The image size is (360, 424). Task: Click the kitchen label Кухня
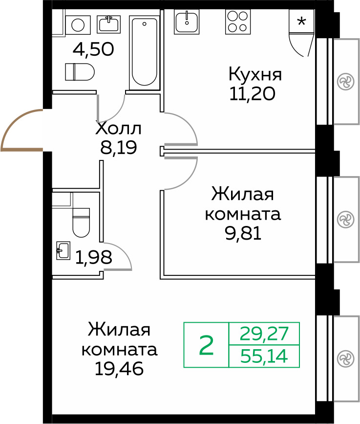(x=255, y=75)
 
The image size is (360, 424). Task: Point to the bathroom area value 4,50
(x=93, y=49)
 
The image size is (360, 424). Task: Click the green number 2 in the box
(x=207, y=345)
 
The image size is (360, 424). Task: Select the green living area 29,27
(x=264, y=334)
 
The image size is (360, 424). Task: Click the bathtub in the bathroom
(x=145, y=51)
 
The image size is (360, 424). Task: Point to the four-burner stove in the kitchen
(x=237, y=22)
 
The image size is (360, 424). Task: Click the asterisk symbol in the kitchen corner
(x=302, y=22)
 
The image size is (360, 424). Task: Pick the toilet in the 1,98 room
(x=81, y=221)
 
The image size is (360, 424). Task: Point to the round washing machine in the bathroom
(x=78, y=24)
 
